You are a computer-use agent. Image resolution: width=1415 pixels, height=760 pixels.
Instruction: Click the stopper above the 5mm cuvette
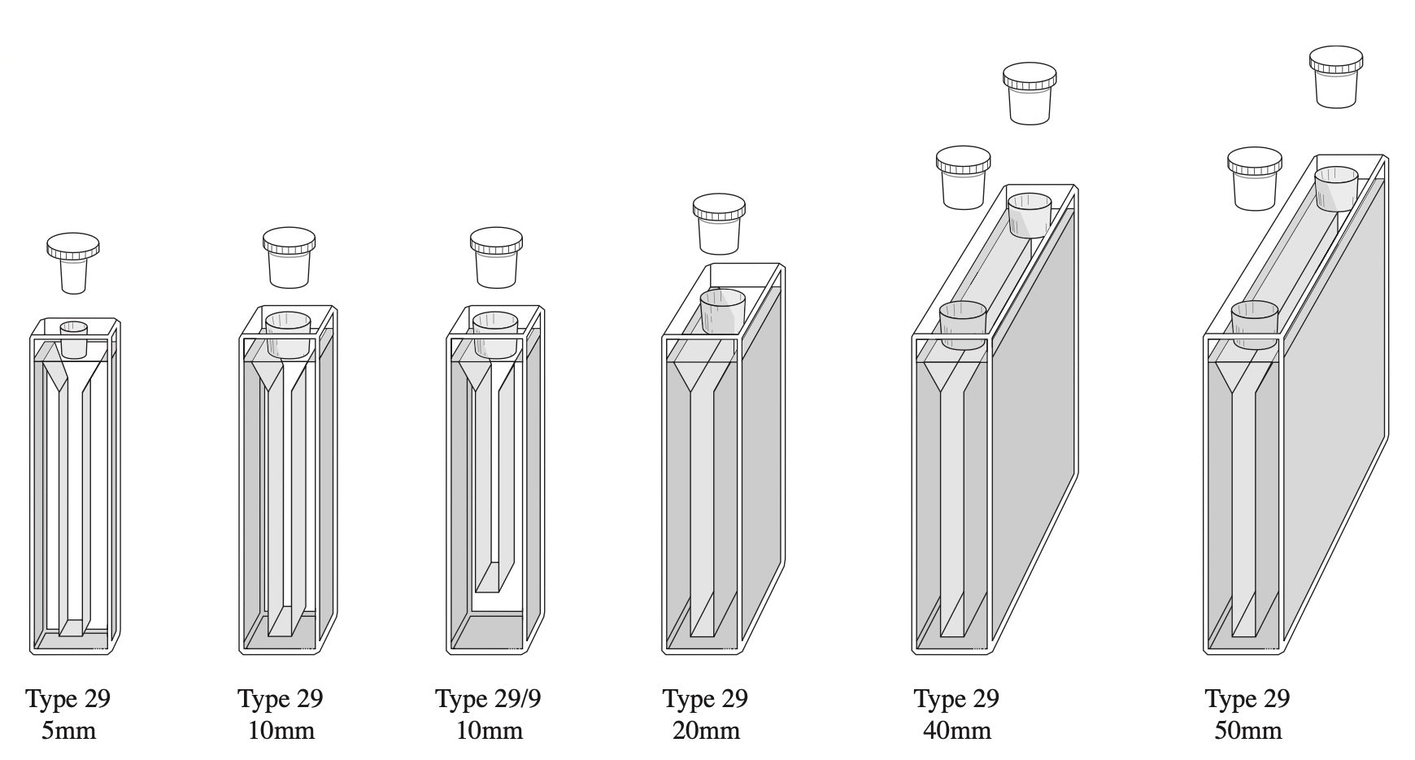point(73,262)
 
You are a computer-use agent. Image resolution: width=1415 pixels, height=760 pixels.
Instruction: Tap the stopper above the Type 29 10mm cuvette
point(289,257)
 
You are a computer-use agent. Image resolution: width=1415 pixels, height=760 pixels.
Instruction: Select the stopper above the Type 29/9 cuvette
point(496,257)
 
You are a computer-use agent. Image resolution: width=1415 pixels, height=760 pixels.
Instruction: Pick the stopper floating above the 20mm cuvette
point(720,224)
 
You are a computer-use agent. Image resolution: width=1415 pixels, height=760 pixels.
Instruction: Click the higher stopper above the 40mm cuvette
point(1030,94)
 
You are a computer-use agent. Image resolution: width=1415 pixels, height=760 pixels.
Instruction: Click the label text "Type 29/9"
point(488,698)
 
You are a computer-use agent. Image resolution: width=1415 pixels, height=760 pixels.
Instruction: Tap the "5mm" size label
point(69,731)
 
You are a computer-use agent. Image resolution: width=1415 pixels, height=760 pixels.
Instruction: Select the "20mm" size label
point(706,731)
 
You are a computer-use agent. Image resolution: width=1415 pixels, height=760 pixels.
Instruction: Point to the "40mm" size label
point(957,731)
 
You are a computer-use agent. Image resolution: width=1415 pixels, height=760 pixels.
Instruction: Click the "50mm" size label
point(1248,731)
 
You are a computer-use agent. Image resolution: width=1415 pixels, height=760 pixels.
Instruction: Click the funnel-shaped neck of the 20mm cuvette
point(702,378)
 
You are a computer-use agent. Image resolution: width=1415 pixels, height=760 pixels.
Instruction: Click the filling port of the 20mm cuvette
point(723,312)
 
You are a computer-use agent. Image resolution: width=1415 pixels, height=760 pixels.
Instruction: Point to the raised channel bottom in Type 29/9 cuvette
point(494,577)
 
